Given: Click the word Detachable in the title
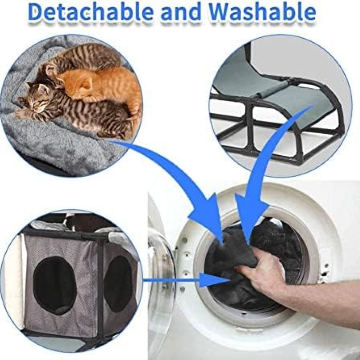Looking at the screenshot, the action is click(91, 12).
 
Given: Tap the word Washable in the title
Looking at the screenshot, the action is click(262, 12).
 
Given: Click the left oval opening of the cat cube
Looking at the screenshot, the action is click(54, 285).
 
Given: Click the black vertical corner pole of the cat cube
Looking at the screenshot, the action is click(100, 287).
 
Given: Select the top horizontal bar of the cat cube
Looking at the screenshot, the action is click(67, 234).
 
